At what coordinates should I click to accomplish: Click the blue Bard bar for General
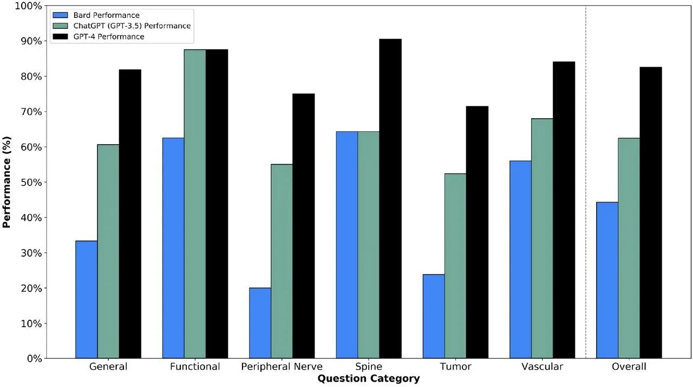pyautogui.click(x=86, y=300)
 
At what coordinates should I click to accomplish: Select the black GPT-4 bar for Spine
pyautogui.click(x=390, y=199)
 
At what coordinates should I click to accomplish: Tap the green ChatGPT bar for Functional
pyautogui.click(x=195, y=204)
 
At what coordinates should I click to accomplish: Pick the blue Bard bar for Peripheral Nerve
pyautogui.click(x=260, y=323)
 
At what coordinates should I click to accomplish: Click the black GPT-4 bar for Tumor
pyautogui.click(x=477, y=233)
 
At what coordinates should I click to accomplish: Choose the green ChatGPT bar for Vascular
pyautogui.click(x=542, y=238)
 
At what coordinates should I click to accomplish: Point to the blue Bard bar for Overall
pyautogui.click(x=607, y=280)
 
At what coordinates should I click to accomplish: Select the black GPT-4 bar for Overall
pyautogui.click(x=651, y=212)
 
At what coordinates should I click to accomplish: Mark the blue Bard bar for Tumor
pyautogui.click(x=434, y=317)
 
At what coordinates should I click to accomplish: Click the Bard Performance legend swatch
pyautogui.click(x=60, y=15)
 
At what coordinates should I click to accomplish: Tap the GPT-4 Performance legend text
pyautogui.click(x=109, y=36)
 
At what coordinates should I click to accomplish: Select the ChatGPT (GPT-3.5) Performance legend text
pyautogui.click(x=132, y=25)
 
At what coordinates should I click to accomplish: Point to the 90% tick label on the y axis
pyautogui.click(x=31, y=41)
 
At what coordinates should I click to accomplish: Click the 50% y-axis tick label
pyautogui.click(x=31, y=182)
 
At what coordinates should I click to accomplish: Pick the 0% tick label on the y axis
pyautogui.click(x=34, y=359)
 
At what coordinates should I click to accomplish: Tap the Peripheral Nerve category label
pyautogui.click(x=282, y=366)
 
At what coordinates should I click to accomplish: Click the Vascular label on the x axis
pyautogui.click(x=542, y=366)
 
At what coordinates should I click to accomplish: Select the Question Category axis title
pyautogui.click(x=369, y=379)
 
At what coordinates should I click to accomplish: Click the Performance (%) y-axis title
pyautogui.click(x=6, y=182)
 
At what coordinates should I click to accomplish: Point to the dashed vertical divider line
pyautogui.click(x=586, y=182)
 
